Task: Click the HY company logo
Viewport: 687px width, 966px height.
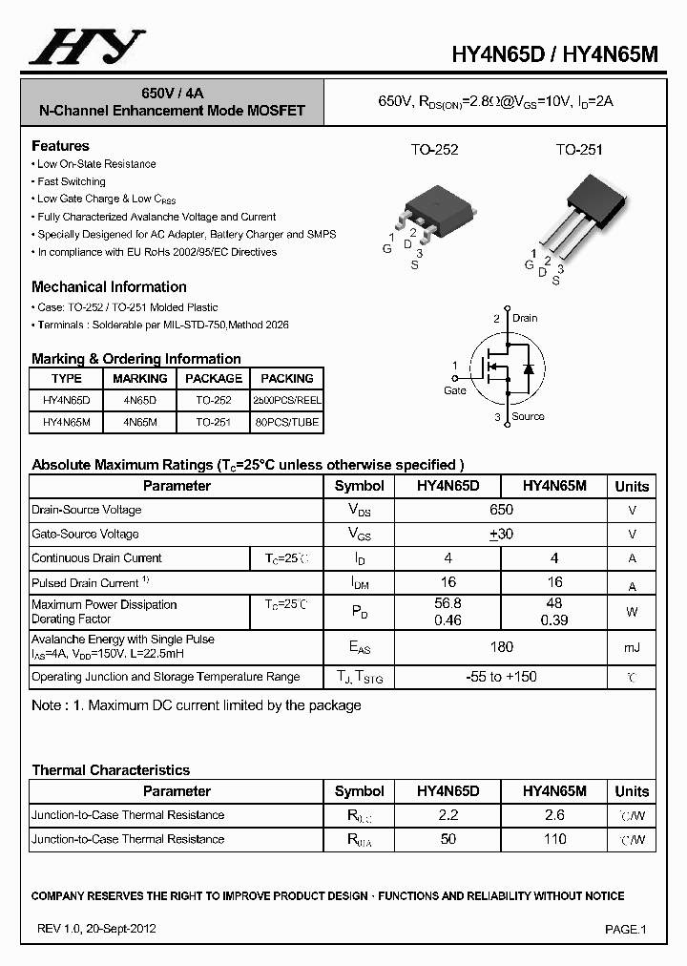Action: [87, 47]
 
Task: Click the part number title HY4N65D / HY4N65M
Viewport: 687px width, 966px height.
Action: [554, 54]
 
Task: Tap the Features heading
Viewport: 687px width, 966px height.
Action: [60, 146]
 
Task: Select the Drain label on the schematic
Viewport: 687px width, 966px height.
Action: [525, 318]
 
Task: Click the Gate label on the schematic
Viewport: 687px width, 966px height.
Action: [455, 390]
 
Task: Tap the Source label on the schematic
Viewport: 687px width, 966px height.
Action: [528, 416]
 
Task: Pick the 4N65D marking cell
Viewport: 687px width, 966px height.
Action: [139, 400]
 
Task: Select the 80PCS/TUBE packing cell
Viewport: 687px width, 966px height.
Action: [286, 422]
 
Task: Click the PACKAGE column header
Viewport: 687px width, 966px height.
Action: [213, 378]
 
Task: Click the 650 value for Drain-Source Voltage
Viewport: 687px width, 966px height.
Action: [501, 510]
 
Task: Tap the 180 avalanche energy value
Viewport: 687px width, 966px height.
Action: [501, 647]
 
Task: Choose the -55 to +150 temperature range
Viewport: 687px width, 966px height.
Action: [501, 677]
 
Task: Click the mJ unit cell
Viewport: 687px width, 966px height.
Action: [632, 648]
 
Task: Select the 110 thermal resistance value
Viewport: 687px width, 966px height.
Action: [554, 839]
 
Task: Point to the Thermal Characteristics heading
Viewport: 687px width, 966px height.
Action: [111, 770]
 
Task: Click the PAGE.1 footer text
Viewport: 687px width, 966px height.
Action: [626, 929]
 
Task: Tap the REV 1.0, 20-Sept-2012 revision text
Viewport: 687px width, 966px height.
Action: [97, 928]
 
